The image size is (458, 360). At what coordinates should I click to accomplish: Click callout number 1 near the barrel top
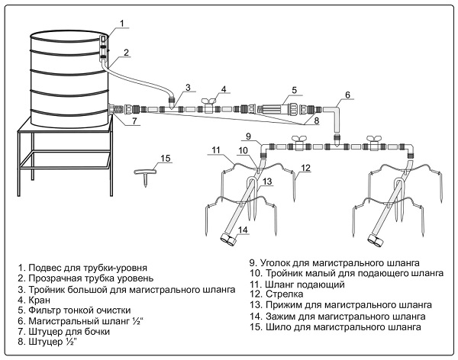tap(121, 24)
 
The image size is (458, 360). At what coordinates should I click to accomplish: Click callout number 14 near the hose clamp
tap(242, 229)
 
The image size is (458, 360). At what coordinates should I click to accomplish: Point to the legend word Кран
tap(34, 300)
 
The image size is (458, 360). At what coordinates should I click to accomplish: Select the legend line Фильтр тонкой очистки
tap(76, 310)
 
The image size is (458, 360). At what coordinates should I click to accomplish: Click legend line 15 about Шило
tap(334, 326)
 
